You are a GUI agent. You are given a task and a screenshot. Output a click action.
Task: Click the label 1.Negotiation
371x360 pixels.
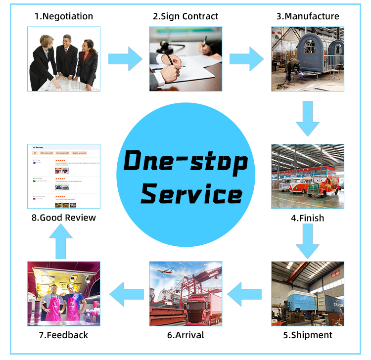coord(64,16)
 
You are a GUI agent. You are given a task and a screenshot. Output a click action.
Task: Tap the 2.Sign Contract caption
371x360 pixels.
coord(185,16)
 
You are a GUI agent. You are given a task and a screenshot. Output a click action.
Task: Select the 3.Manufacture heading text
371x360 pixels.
coord(308,16)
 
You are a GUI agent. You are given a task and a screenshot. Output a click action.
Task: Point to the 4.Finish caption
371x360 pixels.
coord(308,218)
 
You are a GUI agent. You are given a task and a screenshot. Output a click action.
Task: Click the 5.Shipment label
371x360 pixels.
coord(308,335)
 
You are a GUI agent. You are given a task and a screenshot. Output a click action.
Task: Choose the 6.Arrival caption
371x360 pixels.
coord(185,335)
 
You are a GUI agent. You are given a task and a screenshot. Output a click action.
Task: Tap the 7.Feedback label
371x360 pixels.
coord(63,335)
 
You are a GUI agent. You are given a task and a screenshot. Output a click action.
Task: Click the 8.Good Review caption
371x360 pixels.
coord(64,218)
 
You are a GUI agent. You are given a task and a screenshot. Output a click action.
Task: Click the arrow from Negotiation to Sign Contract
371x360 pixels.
coord(125,59)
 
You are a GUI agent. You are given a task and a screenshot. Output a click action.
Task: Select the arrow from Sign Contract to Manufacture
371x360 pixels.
coord(246,59)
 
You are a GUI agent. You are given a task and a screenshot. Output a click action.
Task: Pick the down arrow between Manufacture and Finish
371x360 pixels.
coord(308,118)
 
